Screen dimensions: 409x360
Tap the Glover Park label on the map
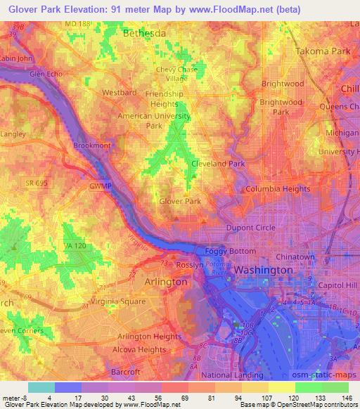(180, 201)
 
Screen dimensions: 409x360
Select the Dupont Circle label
(250, 228)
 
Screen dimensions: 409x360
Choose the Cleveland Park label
(218, 163)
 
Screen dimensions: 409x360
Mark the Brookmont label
(91, 146)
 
